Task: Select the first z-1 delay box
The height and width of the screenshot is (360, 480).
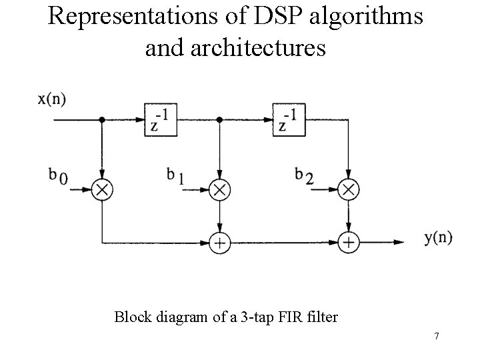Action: [161, 120]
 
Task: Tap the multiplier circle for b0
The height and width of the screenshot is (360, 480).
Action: [101, 190]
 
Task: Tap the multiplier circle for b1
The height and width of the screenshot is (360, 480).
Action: [219, 190]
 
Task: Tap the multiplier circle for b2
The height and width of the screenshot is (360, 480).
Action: [348, 190]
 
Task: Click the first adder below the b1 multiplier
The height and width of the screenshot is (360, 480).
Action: [219, 242]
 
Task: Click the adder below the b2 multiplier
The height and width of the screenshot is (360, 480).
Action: [348, 242]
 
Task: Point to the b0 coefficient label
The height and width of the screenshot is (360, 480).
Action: [58, 176]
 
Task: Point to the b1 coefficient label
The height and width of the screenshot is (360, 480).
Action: [175, 176]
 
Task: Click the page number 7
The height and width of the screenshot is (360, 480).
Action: [436, 336]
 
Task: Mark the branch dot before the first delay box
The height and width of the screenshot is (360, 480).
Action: [101, 120]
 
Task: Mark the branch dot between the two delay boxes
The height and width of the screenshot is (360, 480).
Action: [219, 120]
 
